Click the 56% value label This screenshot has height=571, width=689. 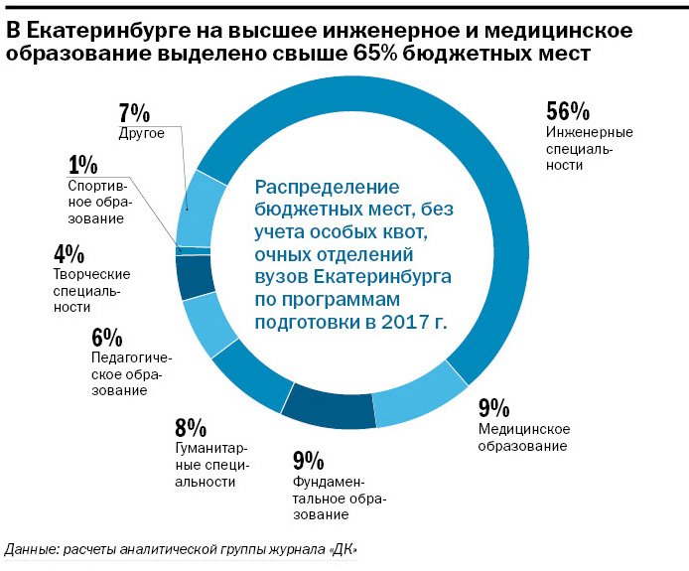coord(569,112)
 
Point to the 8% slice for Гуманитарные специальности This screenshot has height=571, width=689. coord(249,381)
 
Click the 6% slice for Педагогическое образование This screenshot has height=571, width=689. coord(206,327)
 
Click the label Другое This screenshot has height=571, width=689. coord(140,133)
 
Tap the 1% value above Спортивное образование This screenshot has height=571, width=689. coord(83,165)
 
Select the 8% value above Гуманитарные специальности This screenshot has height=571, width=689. coord(191,428)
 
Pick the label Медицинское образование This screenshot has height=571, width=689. coord(523,438)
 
